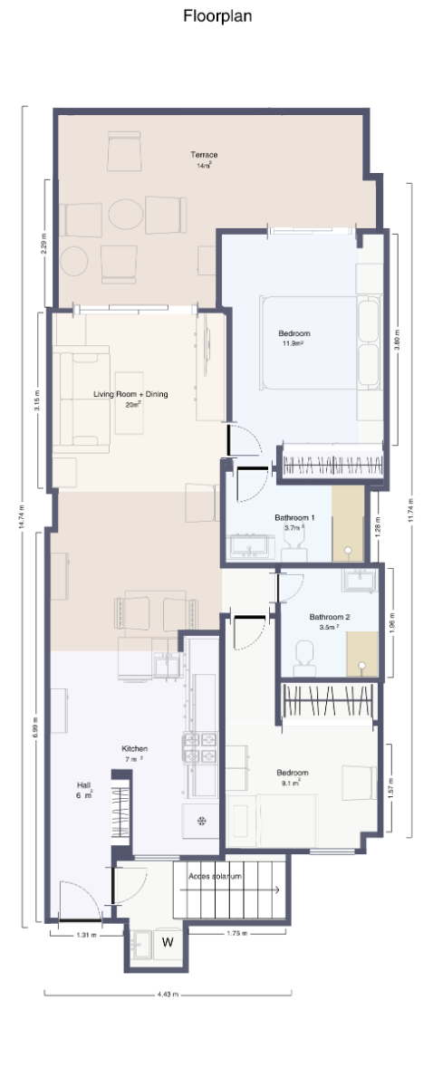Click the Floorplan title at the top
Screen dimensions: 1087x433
216,15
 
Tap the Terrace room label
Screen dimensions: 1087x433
204,156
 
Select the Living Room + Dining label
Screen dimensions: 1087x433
131,395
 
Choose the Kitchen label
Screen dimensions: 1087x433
134,749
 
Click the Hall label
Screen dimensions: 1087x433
83,786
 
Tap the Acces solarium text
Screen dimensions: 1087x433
216,877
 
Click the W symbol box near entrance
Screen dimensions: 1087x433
168,941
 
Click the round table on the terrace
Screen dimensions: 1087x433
126,215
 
